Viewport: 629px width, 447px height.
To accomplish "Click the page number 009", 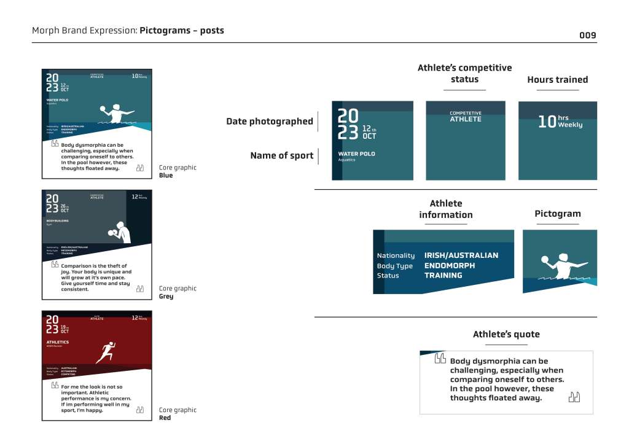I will tap(587, 35).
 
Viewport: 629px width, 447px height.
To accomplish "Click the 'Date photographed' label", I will tap(269, 122).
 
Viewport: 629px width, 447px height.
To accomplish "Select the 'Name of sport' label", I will tap(281, 156).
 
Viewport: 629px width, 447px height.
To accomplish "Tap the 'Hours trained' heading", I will tap(557, 80).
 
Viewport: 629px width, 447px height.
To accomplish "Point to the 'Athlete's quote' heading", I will tap(506, 335).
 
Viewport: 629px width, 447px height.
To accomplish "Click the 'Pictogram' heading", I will tap(557, 214).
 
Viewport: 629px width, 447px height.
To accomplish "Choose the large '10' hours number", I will tap(546, 122).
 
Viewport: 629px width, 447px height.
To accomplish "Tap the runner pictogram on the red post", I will tap(106, 352).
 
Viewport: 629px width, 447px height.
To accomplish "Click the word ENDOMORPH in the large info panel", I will tap(450, 266).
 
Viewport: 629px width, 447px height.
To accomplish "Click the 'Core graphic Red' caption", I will tap(178, 414).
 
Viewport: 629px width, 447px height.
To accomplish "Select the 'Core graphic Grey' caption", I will tap(178, 292).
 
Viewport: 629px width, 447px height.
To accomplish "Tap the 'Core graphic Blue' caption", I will tap(178, 171).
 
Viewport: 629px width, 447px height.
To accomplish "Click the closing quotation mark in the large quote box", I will tap(574, 397).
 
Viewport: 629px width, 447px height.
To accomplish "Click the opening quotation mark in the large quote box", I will tap(440, 359).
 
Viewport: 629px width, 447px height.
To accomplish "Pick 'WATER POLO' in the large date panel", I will tap(356, 154).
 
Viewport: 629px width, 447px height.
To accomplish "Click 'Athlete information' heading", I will tap(446, 209).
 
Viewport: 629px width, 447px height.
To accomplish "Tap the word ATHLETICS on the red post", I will tap(58, 342).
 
